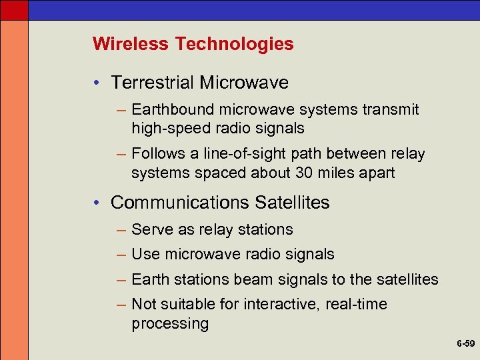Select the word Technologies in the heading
[x=234, y=44]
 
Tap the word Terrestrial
[x=152, y=83]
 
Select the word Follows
[x=158, y=154]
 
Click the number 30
[x=301, y=173]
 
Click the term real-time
[x=357, y=305]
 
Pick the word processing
[x=170, y=324]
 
